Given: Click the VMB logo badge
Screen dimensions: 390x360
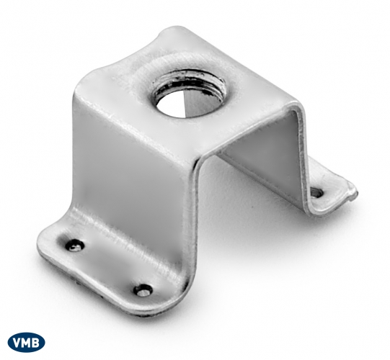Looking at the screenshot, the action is point(27,343).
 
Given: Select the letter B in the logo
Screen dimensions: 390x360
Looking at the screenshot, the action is point(36,343).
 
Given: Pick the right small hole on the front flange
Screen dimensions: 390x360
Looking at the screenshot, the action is point(143,289).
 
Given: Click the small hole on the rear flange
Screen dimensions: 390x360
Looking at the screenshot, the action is point(317,192).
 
